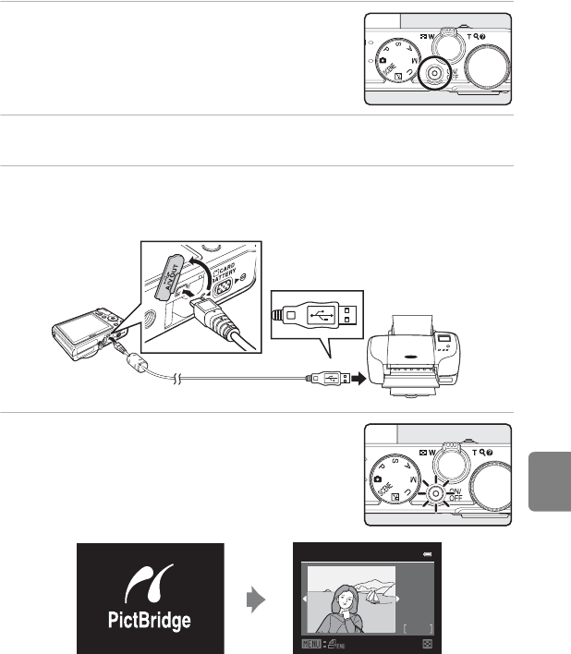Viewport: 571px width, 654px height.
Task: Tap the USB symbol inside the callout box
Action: pyautogui.click(x=322, y=314)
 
